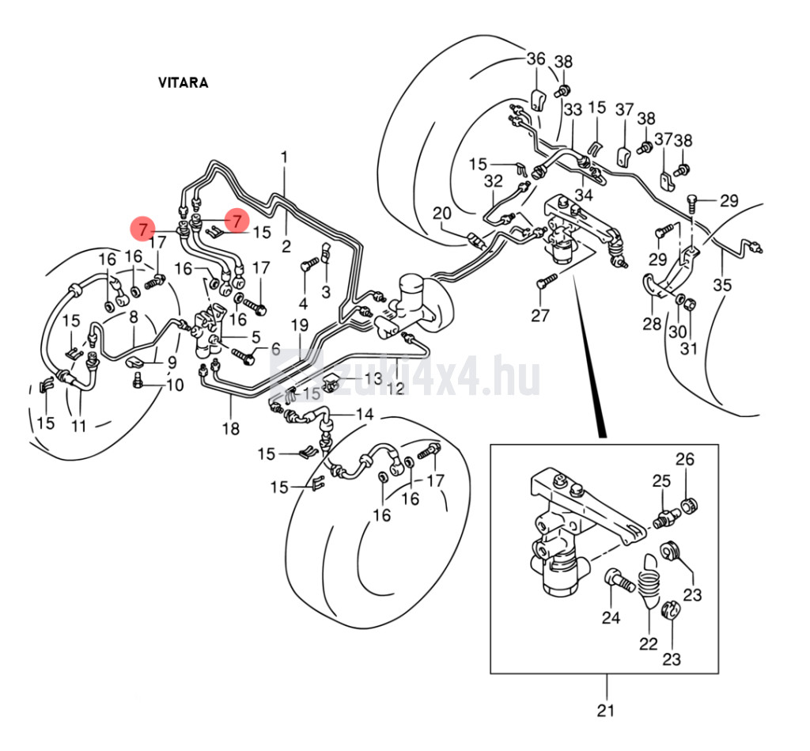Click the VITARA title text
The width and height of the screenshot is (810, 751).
pos(183,83)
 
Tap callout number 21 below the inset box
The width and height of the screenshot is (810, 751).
pos(606,710)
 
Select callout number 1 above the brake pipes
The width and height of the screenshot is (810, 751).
pos(285,157)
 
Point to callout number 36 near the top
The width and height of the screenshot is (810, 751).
pos(536,59)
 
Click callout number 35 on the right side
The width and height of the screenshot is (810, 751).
pos(722,285)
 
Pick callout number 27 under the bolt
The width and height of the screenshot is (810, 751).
pos(539,317)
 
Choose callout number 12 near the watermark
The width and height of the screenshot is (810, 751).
pos(396,388)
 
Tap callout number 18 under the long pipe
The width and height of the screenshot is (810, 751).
pos(230,429)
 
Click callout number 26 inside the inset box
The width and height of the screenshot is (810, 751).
pos(684,459)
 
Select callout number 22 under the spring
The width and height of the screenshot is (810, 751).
pos(649,643)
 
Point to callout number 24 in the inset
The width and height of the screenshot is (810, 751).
pos(611,617)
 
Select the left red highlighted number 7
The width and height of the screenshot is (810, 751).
pos(142,230)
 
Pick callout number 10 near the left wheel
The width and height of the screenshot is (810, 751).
pos(174,385)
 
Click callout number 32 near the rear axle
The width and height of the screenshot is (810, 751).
pos(494,180)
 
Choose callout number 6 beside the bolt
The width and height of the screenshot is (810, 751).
pos(275,348)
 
